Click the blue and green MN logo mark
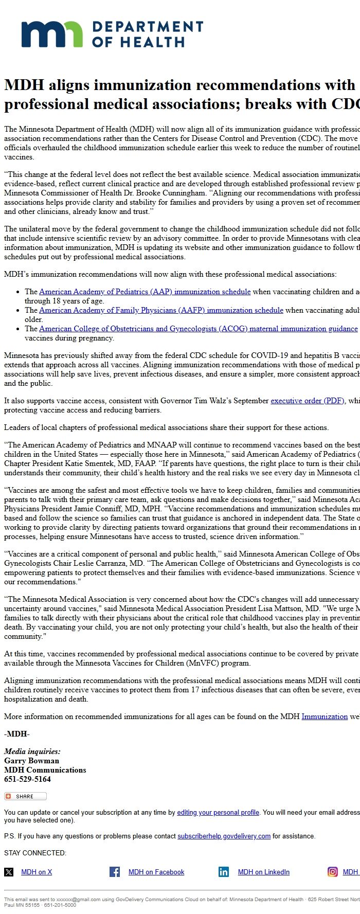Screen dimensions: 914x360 point(51,34)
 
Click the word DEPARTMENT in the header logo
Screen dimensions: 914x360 point(148,27)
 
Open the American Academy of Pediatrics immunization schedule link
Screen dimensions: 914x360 point(145,292)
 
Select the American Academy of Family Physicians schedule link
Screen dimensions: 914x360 point(161,310)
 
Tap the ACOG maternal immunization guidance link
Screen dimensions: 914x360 point(198,329)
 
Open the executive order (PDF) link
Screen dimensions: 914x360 point(308,401)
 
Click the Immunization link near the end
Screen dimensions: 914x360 point(325,716)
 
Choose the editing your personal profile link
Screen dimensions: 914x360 point(218,812)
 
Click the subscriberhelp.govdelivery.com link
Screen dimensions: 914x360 point(224,836)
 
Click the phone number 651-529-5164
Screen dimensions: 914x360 point(27,779)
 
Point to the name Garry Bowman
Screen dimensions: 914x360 point(31,761)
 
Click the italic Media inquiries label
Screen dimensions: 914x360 point(32,751)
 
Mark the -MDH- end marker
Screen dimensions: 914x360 point(16,734)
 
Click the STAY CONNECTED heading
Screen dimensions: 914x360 point(35,853)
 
